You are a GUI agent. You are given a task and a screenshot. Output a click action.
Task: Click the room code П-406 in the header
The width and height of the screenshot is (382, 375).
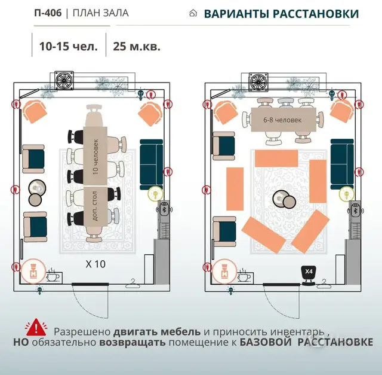pos(48,13)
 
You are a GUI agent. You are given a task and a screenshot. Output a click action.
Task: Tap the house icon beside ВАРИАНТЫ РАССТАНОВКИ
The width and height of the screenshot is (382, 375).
pos(193,13)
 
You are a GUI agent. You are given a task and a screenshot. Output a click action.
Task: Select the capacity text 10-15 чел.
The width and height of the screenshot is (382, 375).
pos(69,46)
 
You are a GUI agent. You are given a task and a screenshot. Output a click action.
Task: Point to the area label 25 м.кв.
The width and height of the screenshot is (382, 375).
pos(137,46)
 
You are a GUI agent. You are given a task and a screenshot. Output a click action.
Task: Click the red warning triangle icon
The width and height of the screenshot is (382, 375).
pos(36,327)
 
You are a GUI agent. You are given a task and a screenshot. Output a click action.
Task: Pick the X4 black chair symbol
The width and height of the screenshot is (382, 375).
pos(309,275)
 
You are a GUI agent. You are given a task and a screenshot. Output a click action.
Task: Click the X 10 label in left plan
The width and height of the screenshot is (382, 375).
pos(95,264)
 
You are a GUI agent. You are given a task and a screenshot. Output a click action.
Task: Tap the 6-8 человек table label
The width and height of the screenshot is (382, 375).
pos(282,120)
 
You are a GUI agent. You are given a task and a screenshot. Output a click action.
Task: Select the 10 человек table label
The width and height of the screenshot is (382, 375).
pos(95,157)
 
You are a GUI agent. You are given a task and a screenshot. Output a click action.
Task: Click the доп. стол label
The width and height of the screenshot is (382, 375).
pos(95,206)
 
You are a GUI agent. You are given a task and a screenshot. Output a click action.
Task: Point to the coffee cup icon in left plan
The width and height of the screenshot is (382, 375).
pos(53,276)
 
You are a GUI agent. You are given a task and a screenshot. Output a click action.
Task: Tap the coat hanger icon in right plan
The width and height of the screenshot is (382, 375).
pos(324,283)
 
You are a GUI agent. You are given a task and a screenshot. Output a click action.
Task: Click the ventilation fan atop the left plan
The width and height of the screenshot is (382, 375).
pos(64,80)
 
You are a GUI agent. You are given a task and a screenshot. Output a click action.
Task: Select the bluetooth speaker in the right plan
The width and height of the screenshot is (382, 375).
pos(356,209)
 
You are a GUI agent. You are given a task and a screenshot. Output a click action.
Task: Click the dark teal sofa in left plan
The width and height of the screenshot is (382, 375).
pos(151,165)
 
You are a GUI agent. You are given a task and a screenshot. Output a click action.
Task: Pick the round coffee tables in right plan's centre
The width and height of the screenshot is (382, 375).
pos(284,199)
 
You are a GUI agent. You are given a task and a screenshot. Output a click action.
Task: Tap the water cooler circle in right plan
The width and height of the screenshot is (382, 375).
pos(224,272)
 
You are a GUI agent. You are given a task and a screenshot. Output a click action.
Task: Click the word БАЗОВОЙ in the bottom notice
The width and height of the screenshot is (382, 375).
pos(266,342)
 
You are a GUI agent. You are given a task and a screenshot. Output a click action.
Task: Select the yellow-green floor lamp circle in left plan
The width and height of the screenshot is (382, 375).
pos(155,194)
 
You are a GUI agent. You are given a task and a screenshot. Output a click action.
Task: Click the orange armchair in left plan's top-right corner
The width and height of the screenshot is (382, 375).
pos(150,114)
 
